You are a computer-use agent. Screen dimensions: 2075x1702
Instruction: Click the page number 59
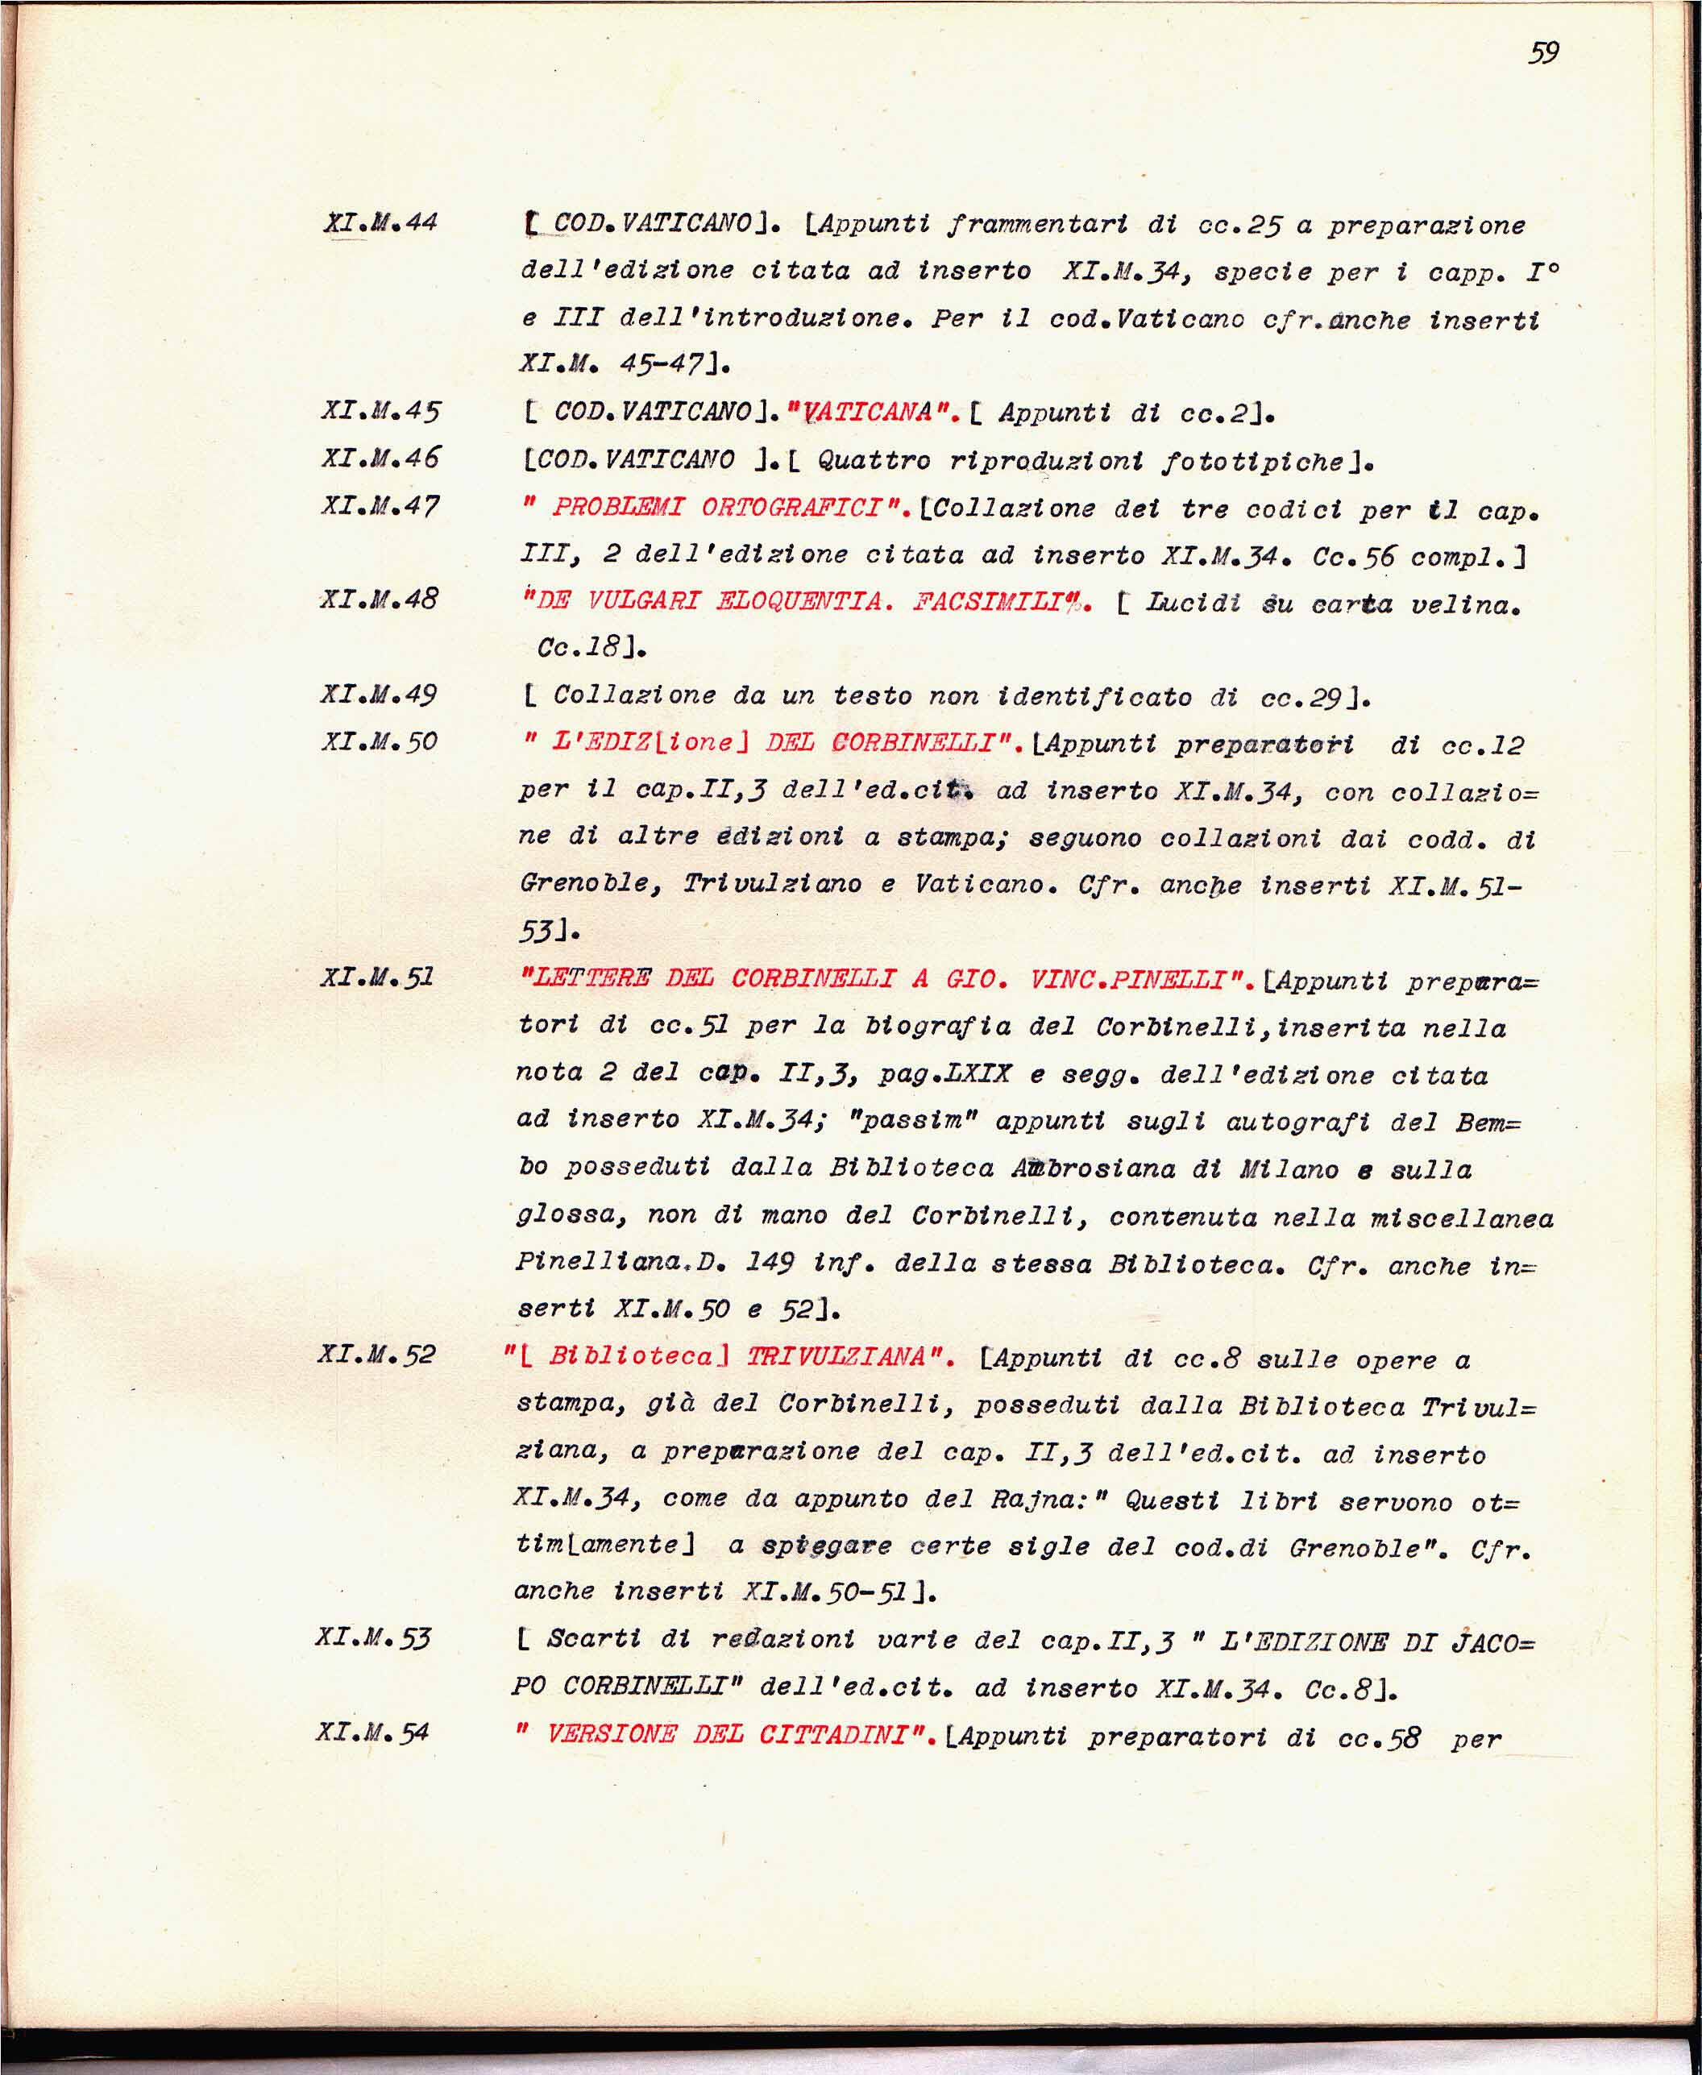click(x=1543, y=52)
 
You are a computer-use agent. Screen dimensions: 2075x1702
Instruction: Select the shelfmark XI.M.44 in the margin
click(x=380, y=222)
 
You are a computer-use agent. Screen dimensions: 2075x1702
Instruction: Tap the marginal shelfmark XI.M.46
click(x=380, y=458)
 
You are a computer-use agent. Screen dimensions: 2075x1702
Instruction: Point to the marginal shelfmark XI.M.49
click(x=379, y=694)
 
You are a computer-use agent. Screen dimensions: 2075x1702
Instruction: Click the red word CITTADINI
click(x=841, y=1734)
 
